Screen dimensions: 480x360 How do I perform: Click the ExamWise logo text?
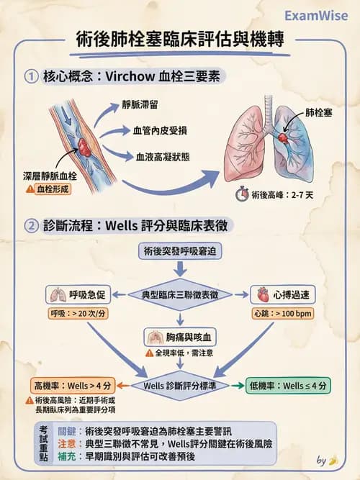coord(315,15)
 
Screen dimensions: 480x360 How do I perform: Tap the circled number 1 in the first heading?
coord(31,76)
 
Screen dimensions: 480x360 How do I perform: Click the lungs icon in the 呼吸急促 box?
coord(56,294)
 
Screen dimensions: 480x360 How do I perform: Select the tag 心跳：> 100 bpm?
coord(282,314)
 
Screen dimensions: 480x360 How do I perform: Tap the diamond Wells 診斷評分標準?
coord(181,385)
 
